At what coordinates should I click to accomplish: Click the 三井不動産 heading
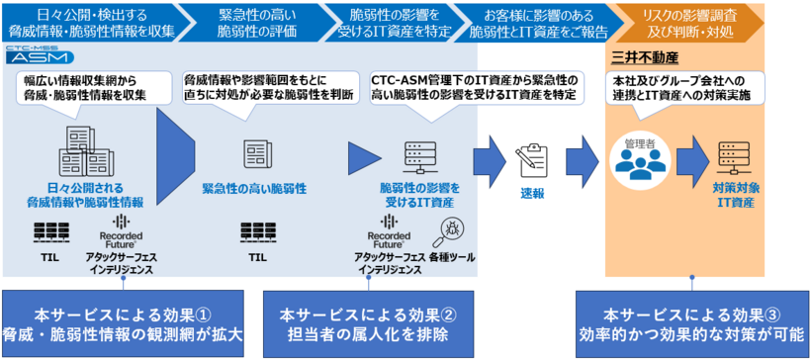click(643, 57)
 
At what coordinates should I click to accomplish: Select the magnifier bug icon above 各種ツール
click(452, 230)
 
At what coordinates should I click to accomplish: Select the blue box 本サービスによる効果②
click(367, 324)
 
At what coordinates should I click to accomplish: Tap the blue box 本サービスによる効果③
click(692, 324)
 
